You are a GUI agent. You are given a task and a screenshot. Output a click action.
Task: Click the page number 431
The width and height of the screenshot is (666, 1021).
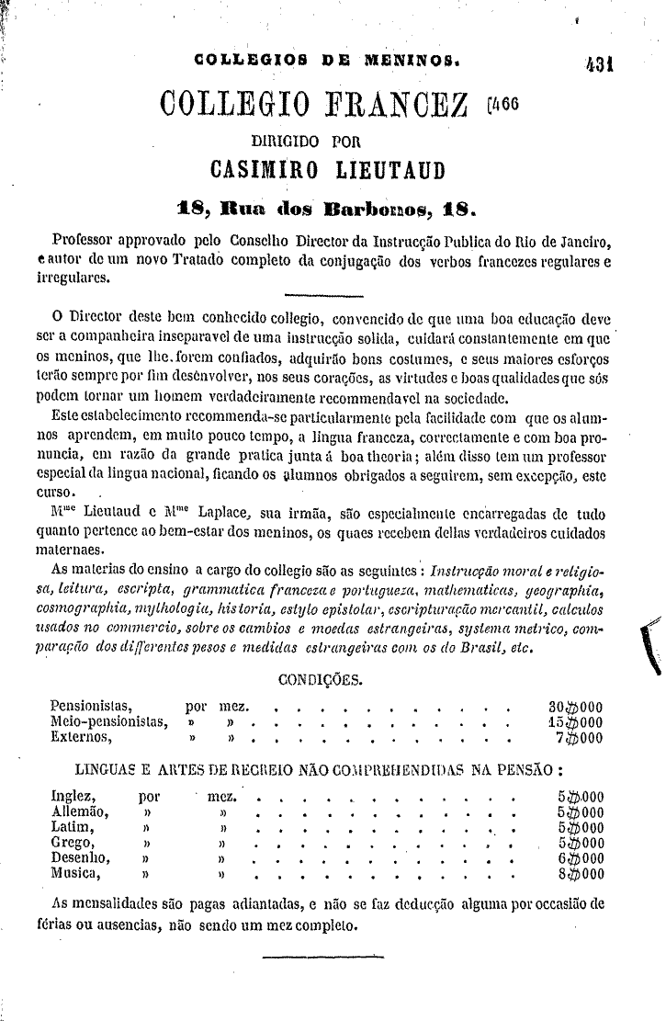(597, 64)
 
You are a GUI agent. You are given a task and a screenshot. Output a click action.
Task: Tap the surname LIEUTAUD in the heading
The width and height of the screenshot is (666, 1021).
(379, 171)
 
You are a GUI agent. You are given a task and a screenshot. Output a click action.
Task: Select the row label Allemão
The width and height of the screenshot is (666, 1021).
(81, 812)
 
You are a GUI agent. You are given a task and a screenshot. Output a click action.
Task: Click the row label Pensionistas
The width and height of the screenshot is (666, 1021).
(92, 707)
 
